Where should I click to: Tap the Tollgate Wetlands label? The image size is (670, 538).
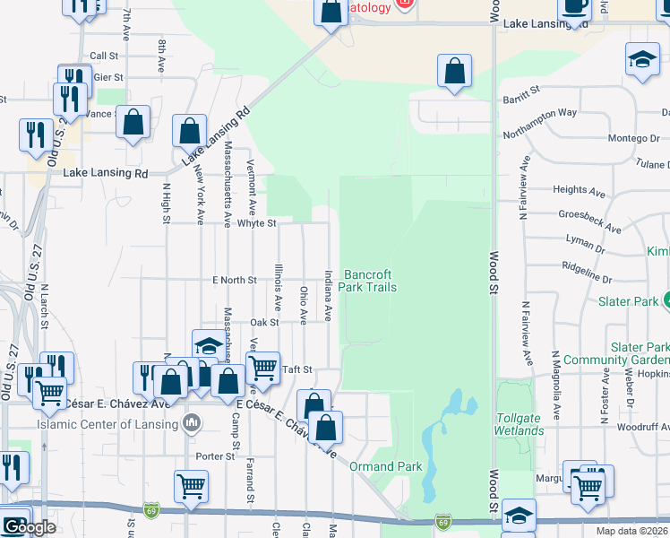(520, 424)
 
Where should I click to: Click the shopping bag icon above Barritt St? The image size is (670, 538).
(455, 72)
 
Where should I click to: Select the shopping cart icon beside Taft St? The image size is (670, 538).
(262, 369)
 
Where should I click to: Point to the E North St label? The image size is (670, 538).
(235, 280)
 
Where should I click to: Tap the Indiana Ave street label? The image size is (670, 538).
(329, 295)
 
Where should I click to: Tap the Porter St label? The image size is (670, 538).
(216, 456)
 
